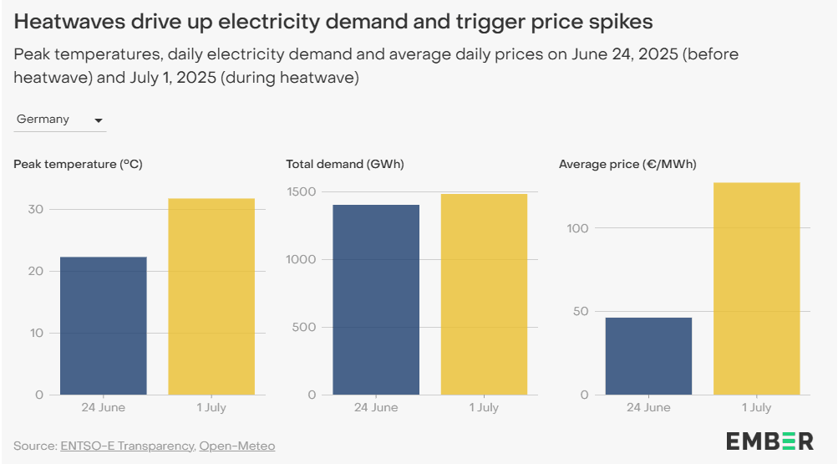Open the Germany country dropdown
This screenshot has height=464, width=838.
tap(60, 120)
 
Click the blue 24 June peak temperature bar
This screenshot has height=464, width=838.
tap(104, 325)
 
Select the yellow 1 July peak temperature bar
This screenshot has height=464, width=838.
tap(211, 296)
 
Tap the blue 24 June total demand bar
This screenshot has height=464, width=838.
tap(376, 299)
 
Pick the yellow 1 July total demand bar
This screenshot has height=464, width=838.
tap(484, 294)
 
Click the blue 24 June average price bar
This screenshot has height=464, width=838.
tap(648, 355)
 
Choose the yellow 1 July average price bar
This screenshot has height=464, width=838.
tap(756, 288)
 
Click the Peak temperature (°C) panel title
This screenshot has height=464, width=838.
tap(78, 164)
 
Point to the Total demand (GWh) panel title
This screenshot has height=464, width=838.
tap(344, 164)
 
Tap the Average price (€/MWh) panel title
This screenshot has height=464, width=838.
tap(627, 164)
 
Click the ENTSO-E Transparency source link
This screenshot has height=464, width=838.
tap(127, 446)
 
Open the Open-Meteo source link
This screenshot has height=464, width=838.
tap(236, 446)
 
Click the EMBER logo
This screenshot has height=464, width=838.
tap(769, 441)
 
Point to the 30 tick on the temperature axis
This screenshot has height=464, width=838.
tap(36, 209)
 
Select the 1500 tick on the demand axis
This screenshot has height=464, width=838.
tap(302, 191)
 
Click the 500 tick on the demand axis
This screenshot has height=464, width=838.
tap(305, 327)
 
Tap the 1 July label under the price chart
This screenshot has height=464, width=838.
tap(756, 408)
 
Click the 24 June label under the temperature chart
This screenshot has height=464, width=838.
tap(104, 408)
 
